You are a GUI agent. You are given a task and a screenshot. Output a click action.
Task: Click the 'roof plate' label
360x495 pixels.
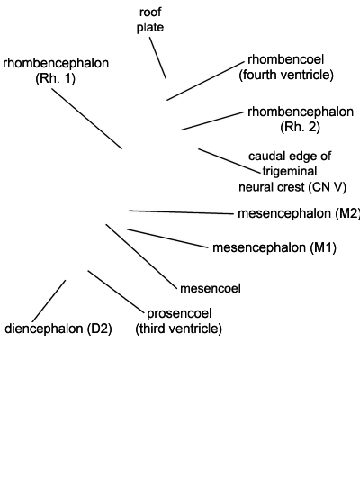click(150, 20)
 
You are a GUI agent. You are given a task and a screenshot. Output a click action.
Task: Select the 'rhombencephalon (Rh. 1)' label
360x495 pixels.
click(56, 71)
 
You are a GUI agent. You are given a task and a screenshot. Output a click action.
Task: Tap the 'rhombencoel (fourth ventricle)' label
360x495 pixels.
click(286, 67)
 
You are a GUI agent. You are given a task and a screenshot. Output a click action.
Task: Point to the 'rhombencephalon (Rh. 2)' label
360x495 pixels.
click(301, 120)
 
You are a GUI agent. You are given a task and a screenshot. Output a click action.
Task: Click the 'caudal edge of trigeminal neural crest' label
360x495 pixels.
click(292, 171)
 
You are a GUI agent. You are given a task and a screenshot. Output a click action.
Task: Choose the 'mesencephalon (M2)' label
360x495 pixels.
click(299, 213)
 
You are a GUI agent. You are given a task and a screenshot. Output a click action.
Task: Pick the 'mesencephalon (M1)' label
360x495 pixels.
click(274, 247)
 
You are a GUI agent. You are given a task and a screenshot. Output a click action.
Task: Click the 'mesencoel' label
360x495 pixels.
click(211, 288)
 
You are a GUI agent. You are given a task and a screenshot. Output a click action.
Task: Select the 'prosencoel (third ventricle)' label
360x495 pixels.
click(179, 320)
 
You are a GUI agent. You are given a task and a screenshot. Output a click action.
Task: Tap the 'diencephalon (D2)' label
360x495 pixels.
click(58, 328)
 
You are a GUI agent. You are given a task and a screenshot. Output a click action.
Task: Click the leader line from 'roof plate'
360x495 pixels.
click(157, 58)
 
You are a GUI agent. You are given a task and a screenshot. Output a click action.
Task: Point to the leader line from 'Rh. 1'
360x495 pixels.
click(86, 119)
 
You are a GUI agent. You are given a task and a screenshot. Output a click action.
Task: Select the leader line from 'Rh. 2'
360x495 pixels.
click(212, 121)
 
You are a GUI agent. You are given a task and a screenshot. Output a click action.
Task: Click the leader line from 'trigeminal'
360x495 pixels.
click(229, 161)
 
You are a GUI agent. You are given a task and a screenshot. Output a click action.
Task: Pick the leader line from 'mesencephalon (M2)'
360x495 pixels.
click(181, 212)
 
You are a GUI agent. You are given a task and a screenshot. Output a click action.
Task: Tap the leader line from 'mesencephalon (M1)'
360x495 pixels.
click(167, 238)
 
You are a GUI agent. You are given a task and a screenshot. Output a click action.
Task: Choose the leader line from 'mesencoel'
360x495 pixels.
click(142, 256)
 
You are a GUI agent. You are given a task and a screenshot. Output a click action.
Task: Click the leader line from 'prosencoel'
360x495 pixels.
click(116, 291)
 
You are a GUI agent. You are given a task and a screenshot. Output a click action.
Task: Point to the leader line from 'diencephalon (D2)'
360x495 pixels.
click(49, 301)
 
